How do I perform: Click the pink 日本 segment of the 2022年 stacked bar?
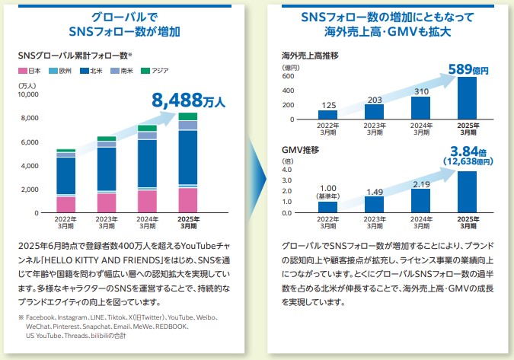pos(66,204)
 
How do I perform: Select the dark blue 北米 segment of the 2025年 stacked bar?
pos(188,158)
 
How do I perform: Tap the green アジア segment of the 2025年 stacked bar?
pos(188,116)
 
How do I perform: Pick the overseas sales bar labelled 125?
pos(327,115)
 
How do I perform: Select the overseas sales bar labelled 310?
pos(420,108)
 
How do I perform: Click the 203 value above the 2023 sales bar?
pos(374,99)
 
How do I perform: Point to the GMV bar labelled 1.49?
pos(374,204)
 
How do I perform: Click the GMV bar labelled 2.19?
pos(420,200)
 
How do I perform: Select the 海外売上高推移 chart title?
pos(310,56)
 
